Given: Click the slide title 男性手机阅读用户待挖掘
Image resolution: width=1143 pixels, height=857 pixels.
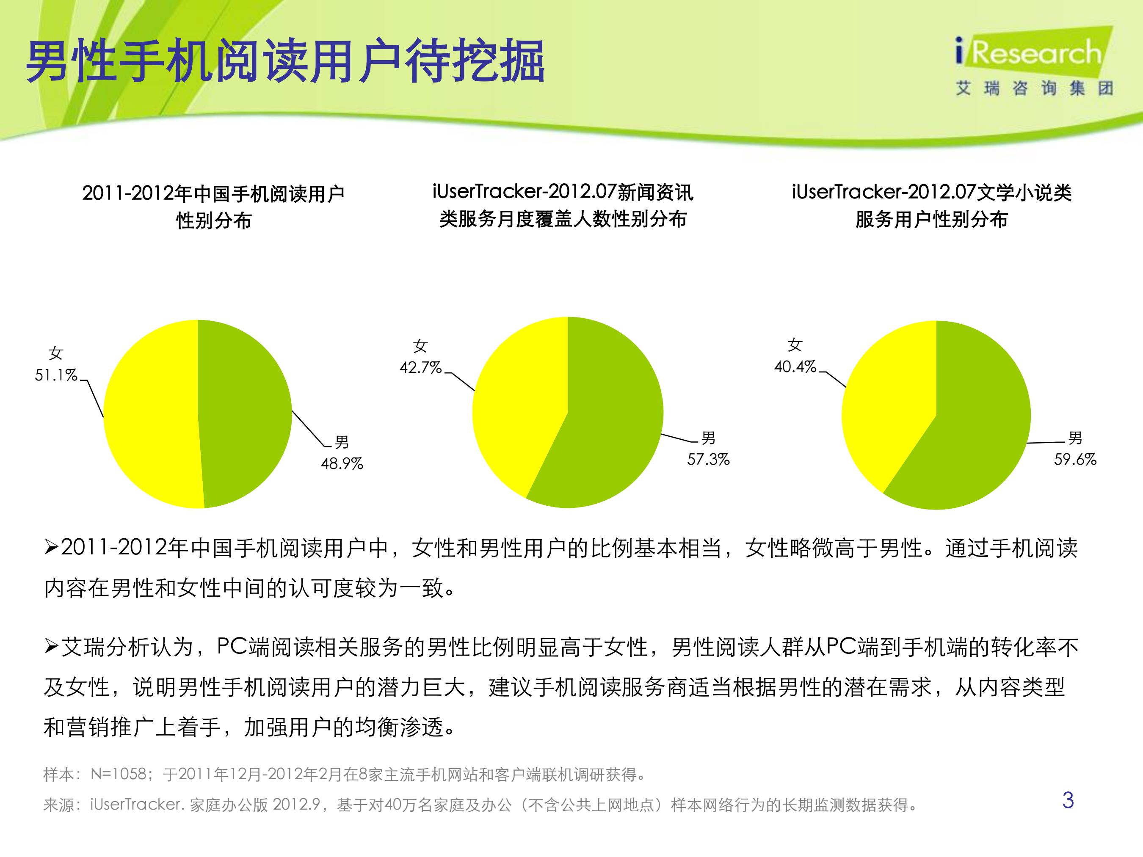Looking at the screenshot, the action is tap(286, 61).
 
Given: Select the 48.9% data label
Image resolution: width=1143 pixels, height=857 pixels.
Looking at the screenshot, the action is tap(342, 463).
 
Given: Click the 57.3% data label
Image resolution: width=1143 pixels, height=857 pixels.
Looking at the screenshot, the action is tap(708, 459).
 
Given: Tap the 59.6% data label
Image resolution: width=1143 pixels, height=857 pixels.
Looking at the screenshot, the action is tap(1075, 459).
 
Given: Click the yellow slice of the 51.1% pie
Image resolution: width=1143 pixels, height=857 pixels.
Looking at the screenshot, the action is tap(150, 413).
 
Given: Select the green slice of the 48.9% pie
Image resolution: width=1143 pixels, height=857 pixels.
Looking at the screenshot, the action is tap(246, 413).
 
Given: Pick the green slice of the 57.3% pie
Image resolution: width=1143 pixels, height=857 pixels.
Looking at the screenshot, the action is tap(605, 429).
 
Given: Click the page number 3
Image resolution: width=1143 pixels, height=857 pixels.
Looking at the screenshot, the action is tap(1068, 800).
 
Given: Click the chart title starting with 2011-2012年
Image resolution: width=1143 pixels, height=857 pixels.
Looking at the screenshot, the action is tap(213, 207).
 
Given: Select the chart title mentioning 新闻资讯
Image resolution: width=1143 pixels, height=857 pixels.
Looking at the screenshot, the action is tap(563, 206).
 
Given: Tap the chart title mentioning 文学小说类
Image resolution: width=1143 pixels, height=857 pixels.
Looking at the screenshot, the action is tap(932, 206).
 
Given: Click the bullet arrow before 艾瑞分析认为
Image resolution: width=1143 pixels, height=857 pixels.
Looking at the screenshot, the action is tap(52, 647).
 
